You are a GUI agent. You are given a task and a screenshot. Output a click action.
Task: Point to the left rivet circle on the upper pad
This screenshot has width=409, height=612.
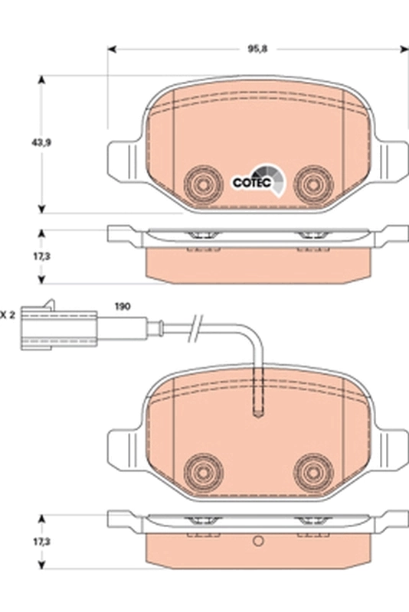click(202, 184)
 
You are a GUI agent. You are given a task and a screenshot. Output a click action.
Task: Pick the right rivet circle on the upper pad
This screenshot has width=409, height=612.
click(312, 184)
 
